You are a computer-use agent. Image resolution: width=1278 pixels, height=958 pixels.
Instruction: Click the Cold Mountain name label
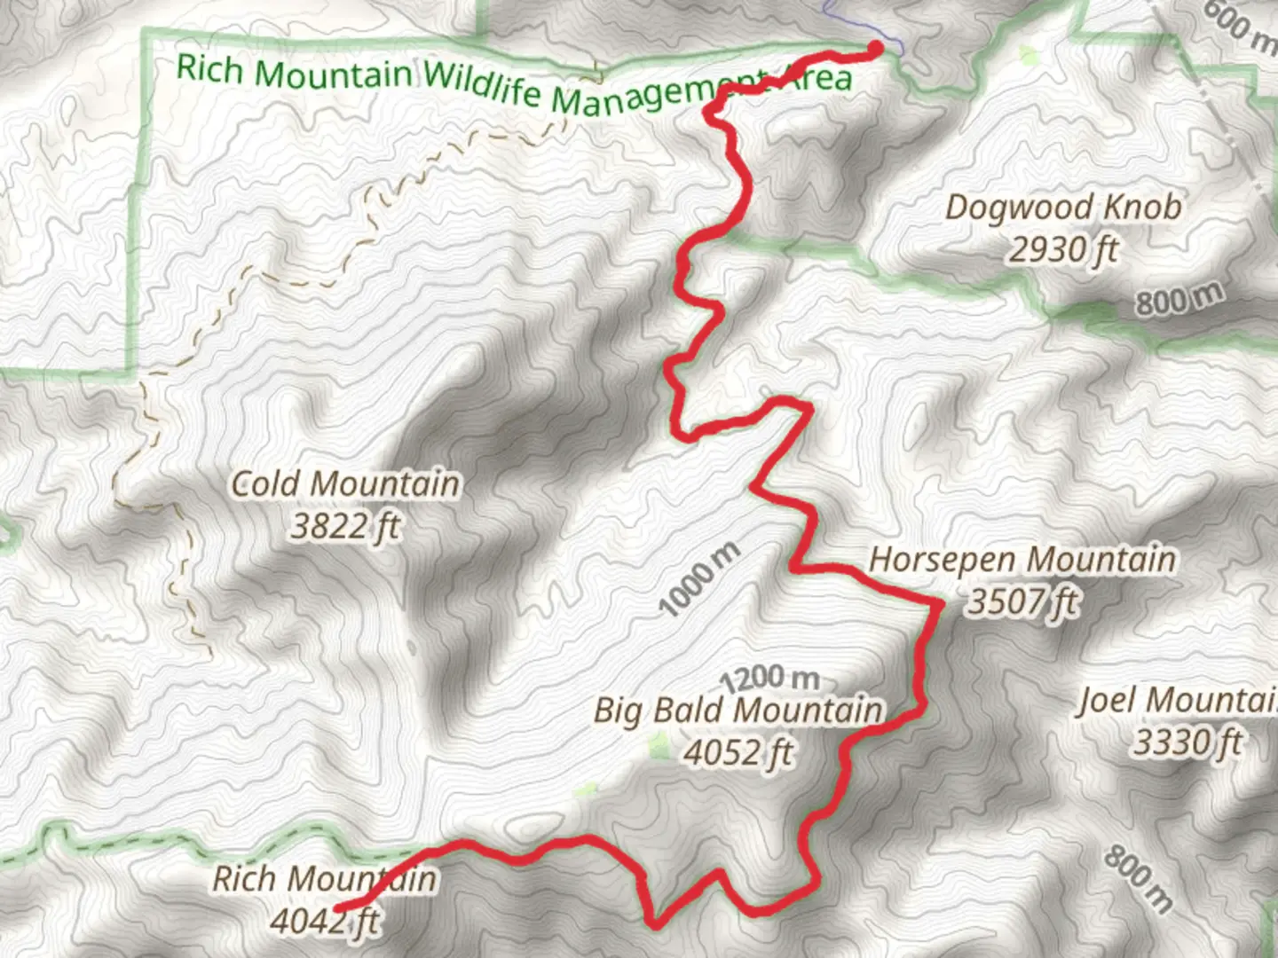tap(345, 484)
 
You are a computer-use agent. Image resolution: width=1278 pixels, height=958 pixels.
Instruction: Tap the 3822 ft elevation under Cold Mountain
tap(345, 527)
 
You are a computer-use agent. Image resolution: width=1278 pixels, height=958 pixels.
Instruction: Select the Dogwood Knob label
tap(1063, 208)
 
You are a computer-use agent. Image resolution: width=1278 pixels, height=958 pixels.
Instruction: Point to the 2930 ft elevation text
tap(1063, 250)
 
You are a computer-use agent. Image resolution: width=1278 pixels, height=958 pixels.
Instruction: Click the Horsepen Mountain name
tap(1022, 560)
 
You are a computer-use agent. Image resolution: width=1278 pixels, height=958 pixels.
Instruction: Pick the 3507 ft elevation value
tap(1022, 602)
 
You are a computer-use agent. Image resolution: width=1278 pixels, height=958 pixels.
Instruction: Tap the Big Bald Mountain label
tap(738, 711)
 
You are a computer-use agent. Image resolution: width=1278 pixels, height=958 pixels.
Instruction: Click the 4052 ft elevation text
tap(738, 753)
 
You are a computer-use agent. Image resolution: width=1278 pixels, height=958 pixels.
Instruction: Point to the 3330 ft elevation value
tap(1187, 742)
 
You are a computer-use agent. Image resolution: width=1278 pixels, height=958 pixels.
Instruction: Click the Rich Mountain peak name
tap(325, 879)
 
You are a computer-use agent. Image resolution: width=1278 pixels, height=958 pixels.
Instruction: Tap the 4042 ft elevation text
tap(325, 922)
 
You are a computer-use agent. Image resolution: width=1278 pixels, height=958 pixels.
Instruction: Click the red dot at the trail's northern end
tap(875, 48)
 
